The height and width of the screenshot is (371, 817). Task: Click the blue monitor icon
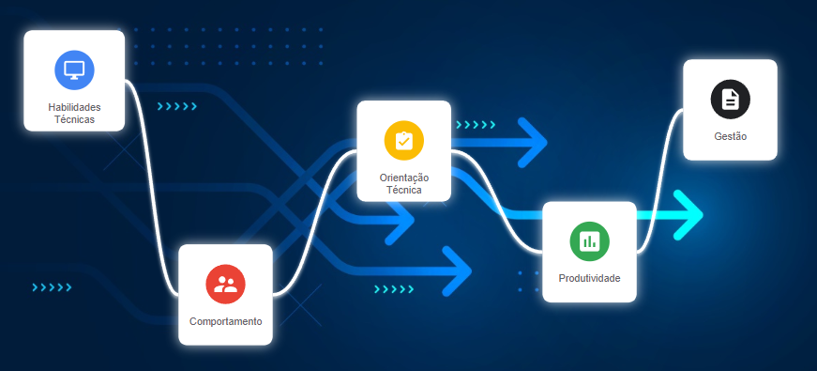coord(74,70)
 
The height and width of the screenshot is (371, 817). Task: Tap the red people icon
coord(226,284)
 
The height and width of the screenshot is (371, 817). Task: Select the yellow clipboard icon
coord(404,140)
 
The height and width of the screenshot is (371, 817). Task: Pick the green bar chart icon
coord(589,241)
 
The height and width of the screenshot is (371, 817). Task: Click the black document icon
coord(730,100)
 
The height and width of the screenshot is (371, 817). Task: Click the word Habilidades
coord(74,107)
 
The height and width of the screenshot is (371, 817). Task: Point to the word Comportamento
coord(226,321)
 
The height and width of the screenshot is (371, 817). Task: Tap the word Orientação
coord(404,178)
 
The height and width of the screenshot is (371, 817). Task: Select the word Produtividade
coord(589,278)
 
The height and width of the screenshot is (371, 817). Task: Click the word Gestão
coord(730,136)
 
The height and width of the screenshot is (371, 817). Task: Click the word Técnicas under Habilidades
coord(74,119)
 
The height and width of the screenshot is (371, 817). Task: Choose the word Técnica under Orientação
coord(404,190)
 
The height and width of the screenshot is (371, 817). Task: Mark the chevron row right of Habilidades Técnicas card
coord(177,106)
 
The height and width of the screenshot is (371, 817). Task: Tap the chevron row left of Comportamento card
coord(52,287)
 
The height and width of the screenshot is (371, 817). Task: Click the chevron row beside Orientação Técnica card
coord(476,125)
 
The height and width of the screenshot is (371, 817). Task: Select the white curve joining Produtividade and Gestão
coord(659,182)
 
